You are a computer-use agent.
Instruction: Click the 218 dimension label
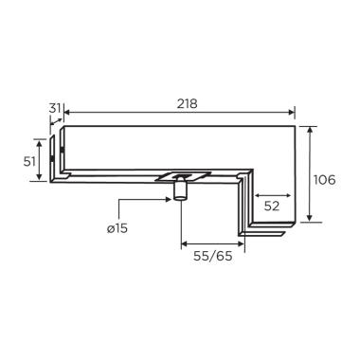pos(187,103)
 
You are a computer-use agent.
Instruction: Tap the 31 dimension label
pos(55,108)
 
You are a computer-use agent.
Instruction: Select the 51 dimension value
pos(29,162)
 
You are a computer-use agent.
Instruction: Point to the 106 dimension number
pos(324,180)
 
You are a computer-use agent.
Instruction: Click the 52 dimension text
pos(272,207)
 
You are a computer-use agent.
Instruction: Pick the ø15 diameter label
pos(117,228)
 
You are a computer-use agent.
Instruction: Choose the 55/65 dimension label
pos(213,256)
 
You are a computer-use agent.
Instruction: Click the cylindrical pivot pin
pos(180,189)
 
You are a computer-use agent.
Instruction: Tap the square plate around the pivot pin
pos(183,177)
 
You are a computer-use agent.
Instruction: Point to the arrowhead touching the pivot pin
pos(170,199)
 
